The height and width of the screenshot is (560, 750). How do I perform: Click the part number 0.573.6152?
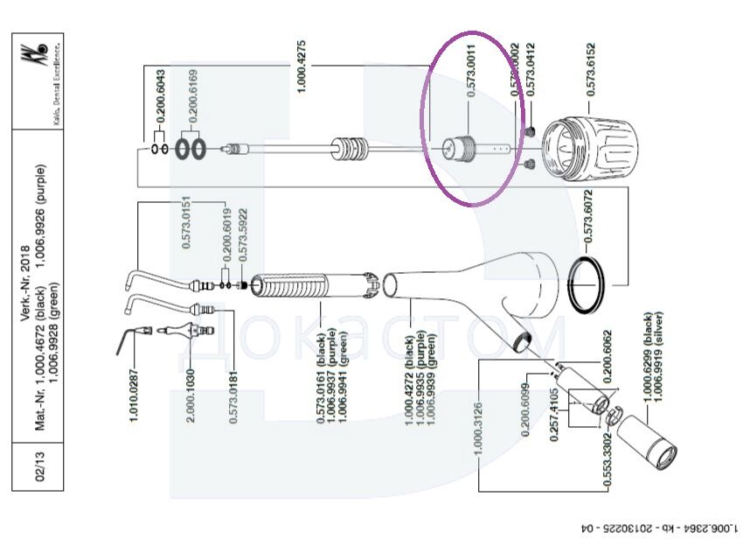point(592,68)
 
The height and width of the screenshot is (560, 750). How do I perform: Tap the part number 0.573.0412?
point(530,69)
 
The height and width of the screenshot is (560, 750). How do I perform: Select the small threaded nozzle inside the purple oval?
point(459,150)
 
